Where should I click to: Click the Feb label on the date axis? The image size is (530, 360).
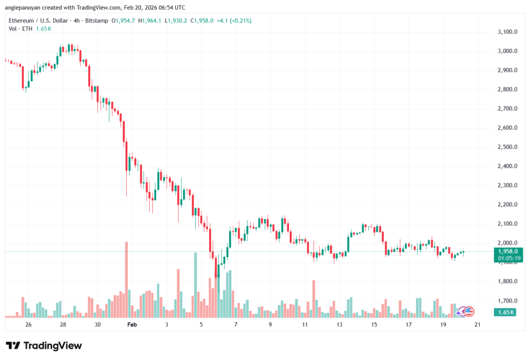[x=132, y=324]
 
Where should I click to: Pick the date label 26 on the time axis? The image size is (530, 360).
[x=28, y=324]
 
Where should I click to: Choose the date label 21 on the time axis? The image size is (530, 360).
[x=478, y=324]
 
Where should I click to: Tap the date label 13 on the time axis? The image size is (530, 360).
[x=340, y=324]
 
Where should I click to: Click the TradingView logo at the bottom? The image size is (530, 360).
[x=44, y=346]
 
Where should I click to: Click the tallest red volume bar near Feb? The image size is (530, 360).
[x=126, y=279]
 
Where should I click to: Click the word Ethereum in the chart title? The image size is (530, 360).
[x=23, y=20]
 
